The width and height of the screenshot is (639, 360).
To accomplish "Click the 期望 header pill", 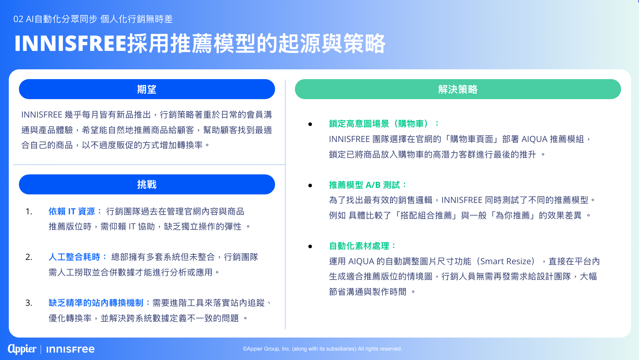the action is click(x=147, y=89).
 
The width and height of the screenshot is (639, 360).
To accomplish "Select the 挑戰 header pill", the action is click(x=147, y=185).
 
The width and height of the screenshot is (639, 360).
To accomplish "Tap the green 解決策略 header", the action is click(x=458, y=89).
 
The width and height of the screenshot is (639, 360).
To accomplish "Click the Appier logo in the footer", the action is click(x=22, y=349).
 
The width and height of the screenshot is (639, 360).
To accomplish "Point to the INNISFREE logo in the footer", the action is click(x=70, y=349).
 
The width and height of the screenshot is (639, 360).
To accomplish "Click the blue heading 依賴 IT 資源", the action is click(x=72, y=211).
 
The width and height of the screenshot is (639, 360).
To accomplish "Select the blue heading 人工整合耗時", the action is click(x=74, y=257).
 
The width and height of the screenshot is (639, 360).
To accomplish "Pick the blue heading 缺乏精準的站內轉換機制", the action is click(x=96, y=303).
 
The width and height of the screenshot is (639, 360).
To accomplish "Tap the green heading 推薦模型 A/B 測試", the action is click(x=364, y=185).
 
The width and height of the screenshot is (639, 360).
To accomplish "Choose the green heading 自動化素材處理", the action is click(x=359, y=246).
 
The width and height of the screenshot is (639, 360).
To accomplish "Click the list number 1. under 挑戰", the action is click(x=29, y=211).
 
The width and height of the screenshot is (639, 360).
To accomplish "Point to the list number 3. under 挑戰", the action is click(x=29, y=303).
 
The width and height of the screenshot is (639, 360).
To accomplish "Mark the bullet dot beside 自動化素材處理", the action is click(x=310, y=246).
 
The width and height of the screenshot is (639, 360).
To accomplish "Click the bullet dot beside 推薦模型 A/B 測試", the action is click(x=310, y=186).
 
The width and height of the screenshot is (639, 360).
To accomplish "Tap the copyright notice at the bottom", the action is click(x=322, y=349).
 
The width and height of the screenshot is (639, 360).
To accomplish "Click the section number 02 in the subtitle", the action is click(x=18, y=19).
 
